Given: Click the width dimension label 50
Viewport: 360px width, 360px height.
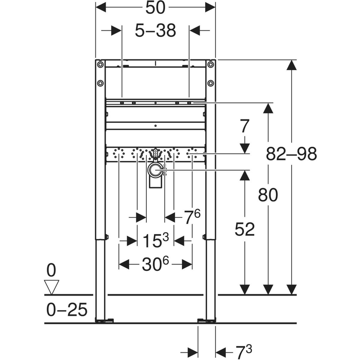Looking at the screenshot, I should point(155,8).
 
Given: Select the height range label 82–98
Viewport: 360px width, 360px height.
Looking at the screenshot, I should point(291,154).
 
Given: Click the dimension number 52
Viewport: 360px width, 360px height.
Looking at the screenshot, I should point(245,229).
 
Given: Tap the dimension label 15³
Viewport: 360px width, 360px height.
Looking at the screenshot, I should point(156,241).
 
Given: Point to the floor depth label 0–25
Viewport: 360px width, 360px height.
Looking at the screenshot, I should point(67,310).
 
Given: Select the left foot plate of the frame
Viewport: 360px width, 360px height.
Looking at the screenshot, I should point(105,321).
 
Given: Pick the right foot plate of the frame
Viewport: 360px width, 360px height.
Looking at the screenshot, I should point(207,321).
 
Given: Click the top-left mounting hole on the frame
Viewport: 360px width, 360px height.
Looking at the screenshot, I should point(100,64).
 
